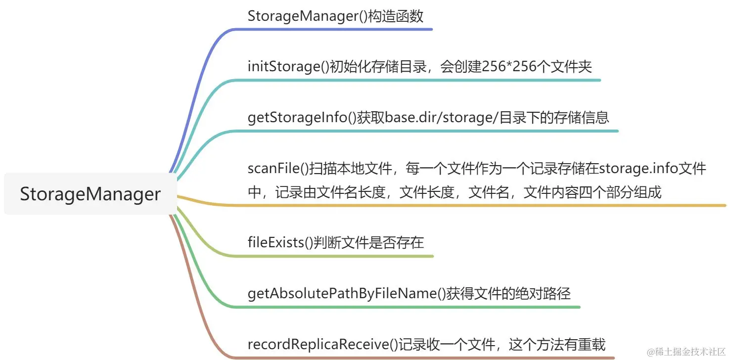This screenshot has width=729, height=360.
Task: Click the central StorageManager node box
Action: [x=90, y=194]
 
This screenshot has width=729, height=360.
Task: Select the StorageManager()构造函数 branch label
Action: [x=335, y=16]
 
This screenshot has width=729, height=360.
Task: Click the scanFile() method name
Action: [x=278, y=169]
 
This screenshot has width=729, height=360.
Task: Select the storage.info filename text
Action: [x=638, y=169]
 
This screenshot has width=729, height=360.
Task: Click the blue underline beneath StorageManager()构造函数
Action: [x=336, y=29]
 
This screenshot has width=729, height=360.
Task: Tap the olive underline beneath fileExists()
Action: [x=336, y=256]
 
